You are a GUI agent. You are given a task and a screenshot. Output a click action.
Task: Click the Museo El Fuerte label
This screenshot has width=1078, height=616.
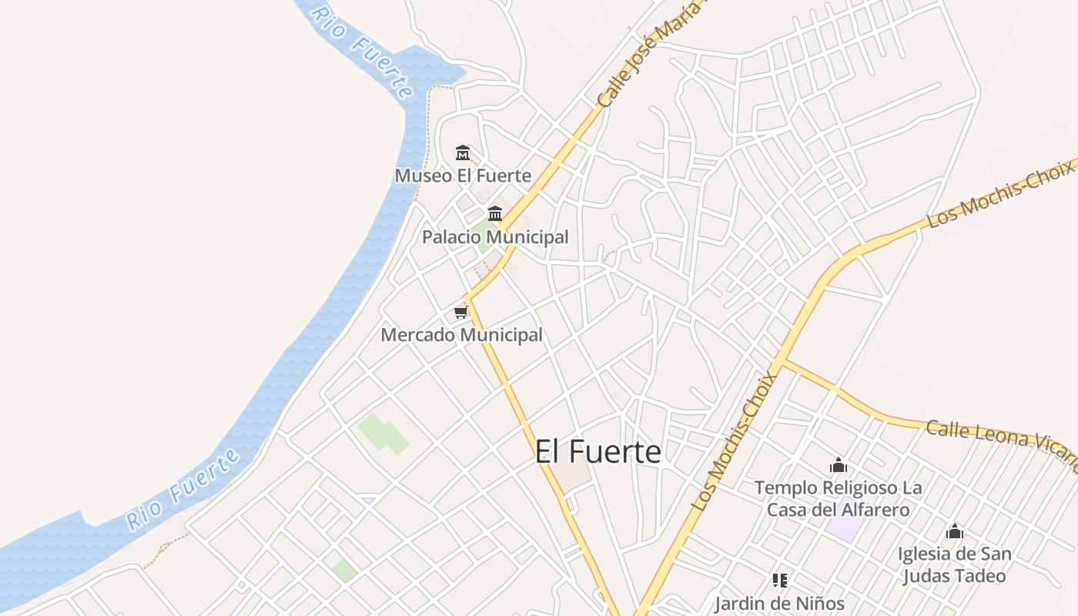(x=463, y=176)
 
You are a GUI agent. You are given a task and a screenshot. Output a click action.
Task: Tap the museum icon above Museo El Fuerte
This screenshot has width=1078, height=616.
(x=463, y=152)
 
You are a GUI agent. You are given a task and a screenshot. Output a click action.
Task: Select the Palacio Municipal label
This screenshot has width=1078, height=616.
(x=495, y=237)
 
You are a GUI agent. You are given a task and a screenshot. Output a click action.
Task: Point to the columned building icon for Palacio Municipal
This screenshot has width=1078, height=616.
(x=495, y=213)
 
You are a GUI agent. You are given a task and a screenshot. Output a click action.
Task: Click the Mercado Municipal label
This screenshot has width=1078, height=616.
(x=461, y=335)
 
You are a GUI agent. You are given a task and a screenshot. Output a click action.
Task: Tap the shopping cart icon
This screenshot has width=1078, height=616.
(x=460, y=312)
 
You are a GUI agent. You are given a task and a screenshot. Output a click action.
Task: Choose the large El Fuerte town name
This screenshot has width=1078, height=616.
(x=598, y=452)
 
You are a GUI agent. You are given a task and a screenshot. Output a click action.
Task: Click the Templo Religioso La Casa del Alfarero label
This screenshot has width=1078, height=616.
(x=838, y=498)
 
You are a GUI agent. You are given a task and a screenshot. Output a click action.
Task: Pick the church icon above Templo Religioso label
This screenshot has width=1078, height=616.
(x=839, y=465)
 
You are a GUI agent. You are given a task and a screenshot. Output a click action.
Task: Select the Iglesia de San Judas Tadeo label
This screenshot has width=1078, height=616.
(x=954, y=564)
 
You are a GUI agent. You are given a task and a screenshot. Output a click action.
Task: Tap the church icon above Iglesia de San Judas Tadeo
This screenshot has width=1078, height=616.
(x=955, y=531)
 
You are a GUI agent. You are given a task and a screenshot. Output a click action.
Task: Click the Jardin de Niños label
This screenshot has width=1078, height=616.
(x=779, y=603)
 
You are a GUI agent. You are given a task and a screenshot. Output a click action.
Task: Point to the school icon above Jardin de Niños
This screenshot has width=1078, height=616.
(x=780, y=580)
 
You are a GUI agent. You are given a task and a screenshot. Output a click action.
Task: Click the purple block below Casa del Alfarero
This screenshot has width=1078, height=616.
(x=846, y=528)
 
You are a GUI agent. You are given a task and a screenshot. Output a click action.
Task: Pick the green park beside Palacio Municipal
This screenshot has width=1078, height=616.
(x=484, y=235)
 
